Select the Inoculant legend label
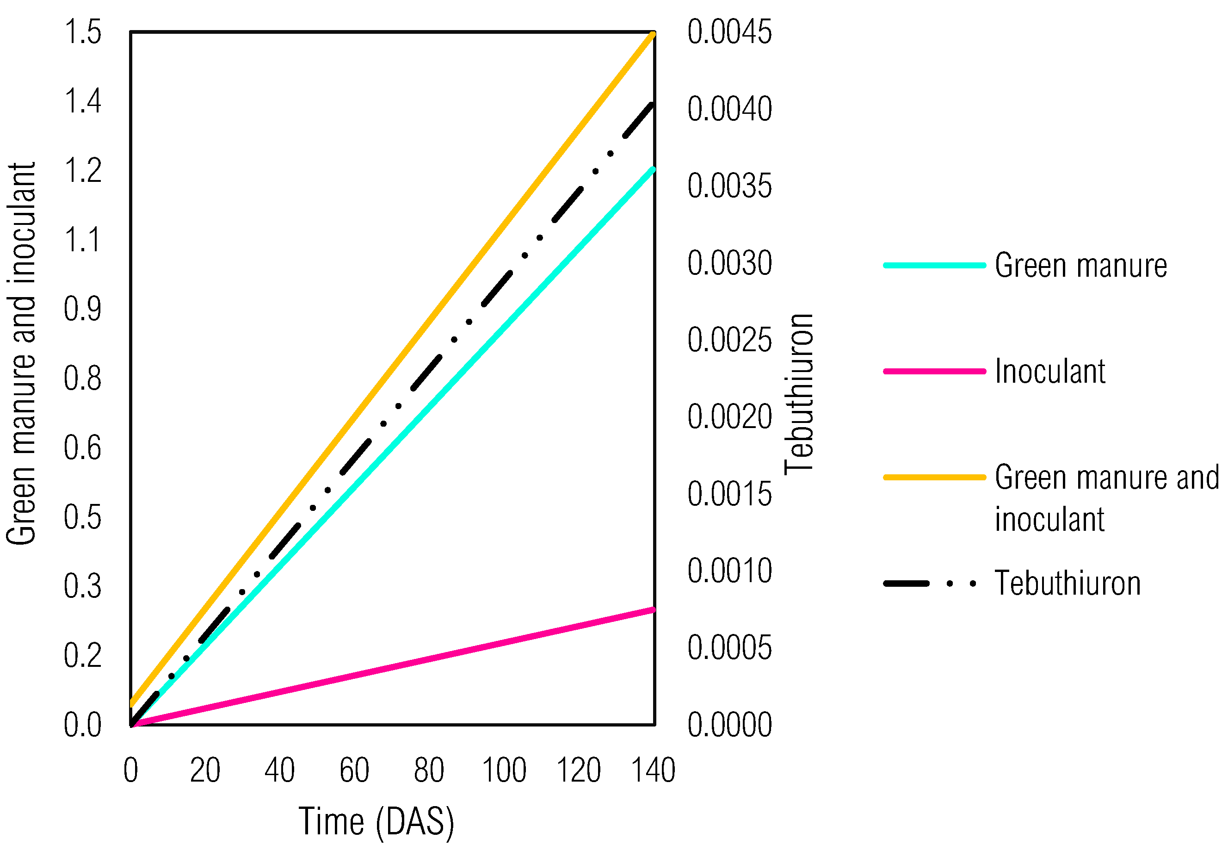[x=1049, y=371]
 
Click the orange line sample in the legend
[x=934, y=477]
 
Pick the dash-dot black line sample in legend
[x=930, y=584]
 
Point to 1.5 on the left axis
[x=83, y=32]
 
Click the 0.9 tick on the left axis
[x=83, y=309]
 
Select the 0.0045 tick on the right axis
[x=729, y=32]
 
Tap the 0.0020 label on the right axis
[x=729, y=417]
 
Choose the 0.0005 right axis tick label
[x=729, y=648]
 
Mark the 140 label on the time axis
[x=653, y=770]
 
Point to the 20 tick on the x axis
[x=205, y=770]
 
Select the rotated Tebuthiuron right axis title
[x=799, y=393]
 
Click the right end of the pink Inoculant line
[x=653, y=610]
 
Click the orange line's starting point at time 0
[x=132, y=703]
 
